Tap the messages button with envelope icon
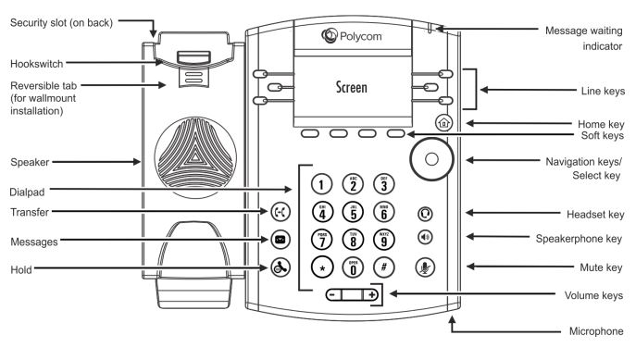click(280, 240)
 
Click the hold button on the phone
click(280, 269)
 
